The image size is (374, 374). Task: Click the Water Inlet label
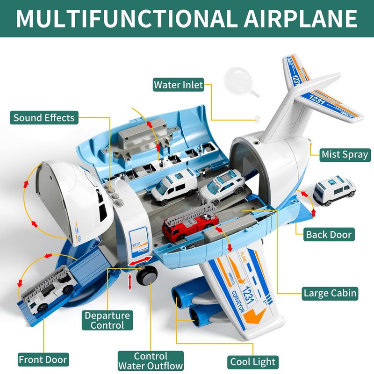(x=179, y=85)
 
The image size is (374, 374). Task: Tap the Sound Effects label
(x=44, y=117)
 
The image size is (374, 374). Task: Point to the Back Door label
(x=329, y=234)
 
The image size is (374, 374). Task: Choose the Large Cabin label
(x=330, y=294)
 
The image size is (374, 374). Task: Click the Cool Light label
(x=253, y=361)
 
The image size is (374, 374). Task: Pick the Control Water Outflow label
(x=151, y=361)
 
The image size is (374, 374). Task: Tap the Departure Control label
(x=107, y=320)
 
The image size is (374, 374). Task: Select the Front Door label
(x=43, y=360)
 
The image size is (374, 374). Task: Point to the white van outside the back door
(x=334, y=190)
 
